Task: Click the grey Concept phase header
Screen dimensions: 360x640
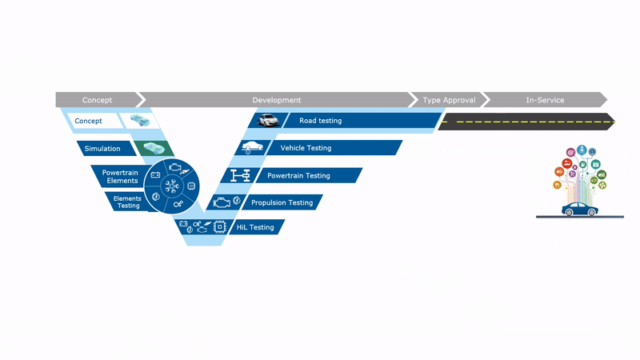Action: [97, 100]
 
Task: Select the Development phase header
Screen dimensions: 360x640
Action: [276, 100]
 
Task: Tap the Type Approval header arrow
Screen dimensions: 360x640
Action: [449, 100]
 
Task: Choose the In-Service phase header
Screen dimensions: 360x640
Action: [545, 100]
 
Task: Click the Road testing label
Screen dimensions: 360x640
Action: [320, 121]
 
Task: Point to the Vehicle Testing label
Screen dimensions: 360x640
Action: [306, 148]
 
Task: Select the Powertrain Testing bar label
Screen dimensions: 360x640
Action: [298, 175]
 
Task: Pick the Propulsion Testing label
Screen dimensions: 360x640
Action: [282, 202]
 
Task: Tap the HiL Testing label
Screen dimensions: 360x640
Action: [255, 227]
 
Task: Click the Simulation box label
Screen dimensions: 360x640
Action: [102, 148]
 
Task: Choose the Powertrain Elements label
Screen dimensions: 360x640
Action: [122, 176]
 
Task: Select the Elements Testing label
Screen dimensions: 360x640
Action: [126, 202]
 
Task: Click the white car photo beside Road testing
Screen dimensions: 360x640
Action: [267, 121]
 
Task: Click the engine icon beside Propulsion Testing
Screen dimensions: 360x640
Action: [219, 203]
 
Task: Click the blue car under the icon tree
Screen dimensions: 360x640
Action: [580, 210]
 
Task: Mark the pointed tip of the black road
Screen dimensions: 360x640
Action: [614, 122]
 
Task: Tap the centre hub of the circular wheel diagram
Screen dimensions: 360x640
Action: [173, 186]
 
